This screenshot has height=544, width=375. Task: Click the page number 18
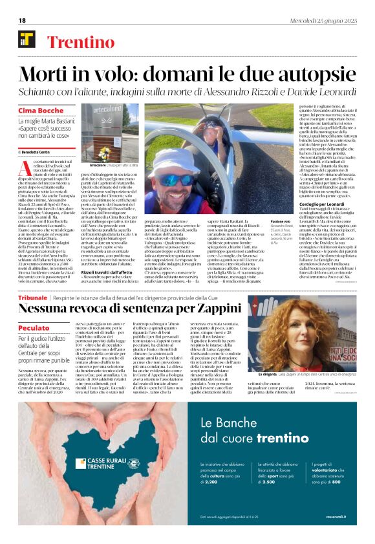(22, 20)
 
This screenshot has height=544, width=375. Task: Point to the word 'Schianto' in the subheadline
(39, 94)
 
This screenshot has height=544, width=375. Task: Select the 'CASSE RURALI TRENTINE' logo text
(104, 463)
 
